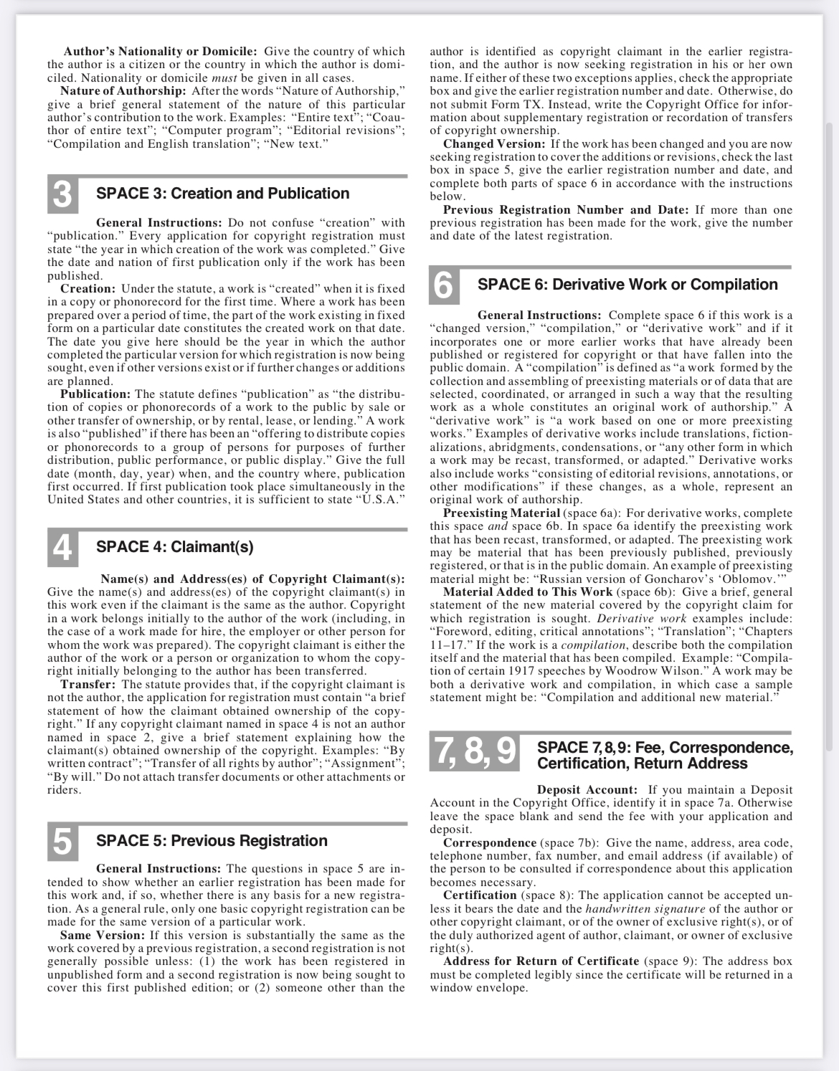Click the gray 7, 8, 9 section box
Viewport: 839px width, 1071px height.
[475, 753]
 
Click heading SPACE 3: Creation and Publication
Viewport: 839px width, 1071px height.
[222, 194]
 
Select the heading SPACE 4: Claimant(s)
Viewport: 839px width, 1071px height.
[174, 547]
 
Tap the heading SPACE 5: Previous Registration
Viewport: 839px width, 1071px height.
[212, 841]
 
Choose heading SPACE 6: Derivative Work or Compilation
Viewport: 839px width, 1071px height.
[627, 285]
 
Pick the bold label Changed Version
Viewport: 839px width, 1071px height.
[494, 144]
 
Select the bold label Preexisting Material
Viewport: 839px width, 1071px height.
[501, 513]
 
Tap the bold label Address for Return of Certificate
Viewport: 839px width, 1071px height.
[541, 961]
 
